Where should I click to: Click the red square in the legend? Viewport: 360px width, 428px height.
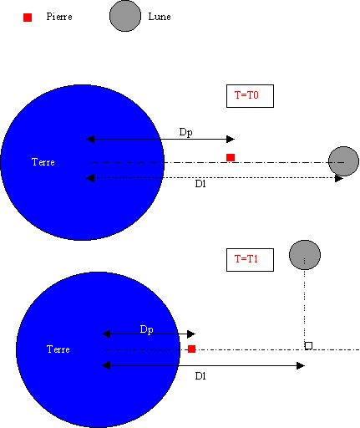[x=28, y=18]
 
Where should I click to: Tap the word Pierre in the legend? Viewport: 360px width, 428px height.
[x=59, y=17]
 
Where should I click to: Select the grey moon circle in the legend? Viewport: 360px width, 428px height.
[x=125, y=16]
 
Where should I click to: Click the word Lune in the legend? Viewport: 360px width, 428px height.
[x=160, y=17]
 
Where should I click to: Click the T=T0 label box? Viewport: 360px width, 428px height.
[x=250, y=96]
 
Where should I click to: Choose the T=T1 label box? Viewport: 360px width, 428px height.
[x=250, y=260]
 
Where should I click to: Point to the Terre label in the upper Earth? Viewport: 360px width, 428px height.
[x=43, y=162]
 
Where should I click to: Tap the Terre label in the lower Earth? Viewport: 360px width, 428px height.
[x=58, y=349]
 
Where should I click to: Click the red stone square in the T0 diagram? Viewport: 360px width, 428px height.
[x=231, y=157]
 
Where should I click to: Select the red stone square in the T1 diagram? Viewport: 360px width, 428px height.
[x=191, y=349]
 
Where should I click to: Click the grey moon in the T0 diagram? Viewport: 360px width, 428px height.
[x=343, y=161]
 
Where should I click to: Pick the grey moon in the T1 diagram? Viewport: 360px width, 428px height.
[x=305, y=255]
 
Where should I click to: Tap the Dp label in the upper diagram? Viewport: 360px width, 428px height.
[x=185, y=132]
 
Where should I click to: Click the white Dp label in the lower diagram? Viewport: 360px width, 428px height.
[x=146, y=329]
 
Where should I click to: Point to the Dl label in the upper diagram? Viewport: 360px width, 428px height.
[x=200, y=184]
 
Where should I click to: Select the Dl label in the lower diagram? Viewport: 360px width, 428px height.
[x=200, y=376]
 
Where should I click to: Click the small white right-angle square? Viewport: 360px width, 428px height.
[x=308, y=346]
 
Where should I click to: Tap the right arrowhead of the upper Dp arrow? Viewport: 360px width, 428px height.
[x=231, y=139]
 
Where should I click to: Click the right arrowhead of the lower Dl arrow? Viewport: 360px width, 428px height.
[x=301, y=365]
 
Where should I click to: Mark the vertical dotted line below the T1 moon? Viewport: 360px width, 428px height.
[x=305, y=306]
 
